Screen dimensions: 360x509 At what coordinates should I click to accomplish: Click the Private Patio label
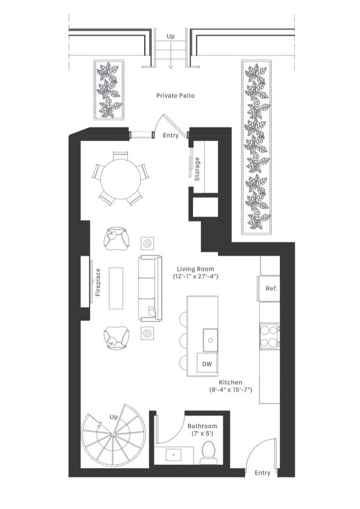click(x=175, y=95)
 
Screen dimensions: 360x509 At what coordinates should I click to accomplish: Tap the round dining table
click(x=121, y=179)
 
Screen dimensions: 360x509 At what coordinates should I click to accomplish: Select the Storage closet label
click(x=197, y=169)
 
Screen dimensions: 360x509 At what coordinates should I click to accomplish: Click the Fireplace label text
click(x=98, y=282)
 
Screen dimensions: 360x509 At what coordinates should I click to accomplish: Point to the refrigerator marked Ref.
click(x=269, y=289)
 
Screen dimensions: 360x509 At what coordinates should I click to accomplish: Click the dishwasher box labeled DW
click(x=207, y=363)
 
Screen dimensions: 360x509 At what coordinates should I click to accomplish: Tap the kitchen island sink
click(x=210, y=340)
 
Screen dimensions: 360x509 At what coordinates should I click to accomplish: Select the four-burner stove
click(x=270, y=337)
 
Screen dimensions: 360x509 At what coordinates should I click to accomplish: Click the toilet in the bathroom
click(x=209, y=452)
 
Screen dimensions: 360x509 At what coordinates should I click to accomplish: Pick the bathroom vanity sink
click(x=174, y=455)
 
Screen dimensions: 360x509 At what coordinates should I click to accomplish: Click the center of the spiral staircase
click(x=113, y=434)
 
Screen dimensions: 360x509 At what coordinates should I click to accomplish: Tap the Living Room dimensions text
click(x=195, y=277)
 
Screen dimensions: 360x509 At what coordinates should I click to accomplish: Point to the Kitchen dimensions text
click(x=230, y=390)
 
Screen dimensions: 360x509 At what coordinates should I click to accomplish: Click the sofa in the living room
click(x=150, y=288)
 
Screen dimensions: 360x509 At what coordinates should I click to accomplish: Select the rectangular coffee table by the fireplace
click(x=116, y=288)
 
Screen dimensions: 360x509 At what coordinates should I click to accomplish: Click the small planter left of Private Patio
click(x=109, y=90)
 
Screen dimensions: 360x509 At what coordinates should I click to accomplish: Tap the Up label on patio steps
click(x=171, y=37)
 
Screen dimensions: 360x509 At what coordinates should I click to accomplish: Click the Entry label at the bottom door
click(x=262, y=473)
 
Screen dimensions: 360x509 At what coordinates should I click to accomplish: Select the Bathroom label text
click(x=202, y=426)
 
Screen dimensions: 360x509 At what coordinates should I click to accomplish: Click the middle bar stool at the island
click(x=183, y=340)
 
